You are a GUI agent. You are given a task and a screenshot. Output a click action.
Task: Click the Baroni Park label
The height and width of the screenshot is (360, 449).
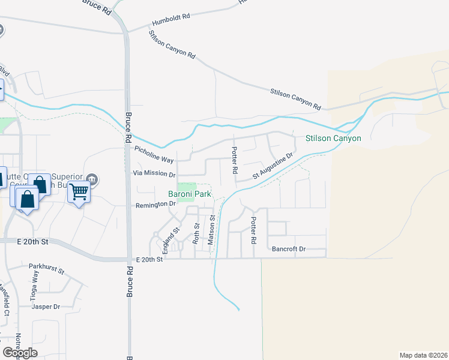point(189,194)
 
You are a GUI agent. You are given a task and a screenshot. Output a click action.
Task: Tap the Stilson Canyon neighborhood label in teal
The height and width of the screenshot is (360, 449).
point(333,139)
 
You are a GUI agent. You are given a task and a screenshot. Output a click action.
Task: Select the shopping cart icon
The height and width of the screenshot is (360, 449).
point(79,192)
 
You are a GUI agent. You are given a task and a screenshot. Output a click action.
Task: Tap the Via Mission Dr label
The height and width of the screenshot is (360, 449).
point(154,175)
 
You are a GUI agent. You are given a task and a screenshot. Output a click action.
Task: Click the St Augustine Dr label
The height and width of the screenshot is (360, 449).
point(272,166)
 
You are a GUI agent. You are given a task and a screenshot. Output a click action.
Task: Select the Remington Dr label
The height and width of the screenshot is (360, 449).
point(155,204)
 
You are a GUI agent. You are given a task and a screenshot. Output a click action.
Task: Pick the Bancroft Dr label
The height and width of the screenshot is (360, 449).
point(289,248)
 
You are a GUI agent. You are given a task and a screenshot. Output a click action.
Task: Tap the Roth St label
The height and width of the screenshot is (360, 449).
point(196,233)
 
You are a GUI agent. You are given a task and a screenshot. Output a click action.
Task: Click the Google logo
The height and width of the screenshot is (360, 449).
point(19,353)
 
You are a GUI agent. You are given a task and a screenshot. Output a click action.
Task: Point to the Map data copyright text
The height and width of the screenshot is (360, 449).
point(423,355)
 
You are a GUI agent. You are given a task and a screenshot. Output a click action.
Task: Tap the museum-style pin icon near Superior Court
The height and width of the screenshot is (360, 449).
point(92,178)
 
